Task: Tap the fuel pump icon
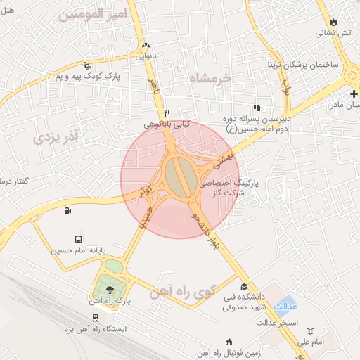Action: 67,210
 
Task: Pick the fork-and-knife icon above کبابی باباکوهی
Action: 167,113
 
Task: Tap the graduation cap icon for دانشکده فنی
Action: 244,286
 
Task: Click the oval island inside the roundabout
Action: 180,176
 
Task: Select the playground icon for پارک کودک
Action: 87,65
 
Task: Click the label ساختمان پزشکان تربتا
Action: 302,64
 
